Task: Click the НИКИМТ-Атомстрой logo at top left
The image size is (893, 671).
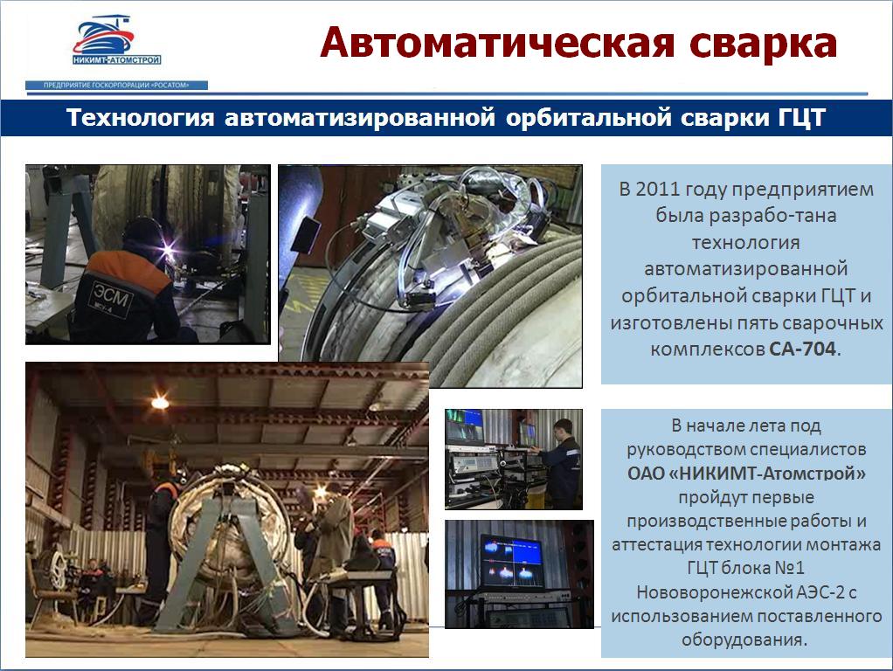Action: click(116, 40)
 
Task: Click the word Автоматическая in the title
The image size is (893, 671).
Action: click(497, 43)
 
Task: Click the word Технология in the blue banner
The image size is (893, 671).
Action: click(140, 117)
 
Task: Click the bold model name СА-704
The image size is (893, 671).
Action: click(802, 349)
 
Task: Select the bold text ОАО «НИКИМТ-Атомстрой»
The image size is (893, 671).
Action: click(746, 473)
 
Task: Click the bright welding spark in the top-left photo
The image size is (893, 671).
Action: click(170, 249)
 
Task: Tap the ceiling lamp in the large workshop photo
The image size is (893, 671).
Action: click(160, 403)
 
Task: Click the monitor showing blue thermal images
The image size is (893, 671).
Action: click(511, 561)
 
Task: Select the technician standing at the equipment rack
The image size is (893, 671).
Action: click(558, 463)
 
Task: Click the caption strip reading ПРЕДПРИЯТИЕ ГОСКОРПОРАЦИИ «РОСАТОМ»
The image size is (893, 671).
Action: click(116, 86)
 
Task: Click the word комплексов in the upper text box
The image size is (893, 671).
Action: click(708, 349)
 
